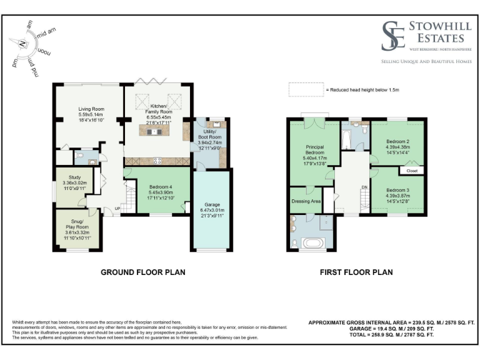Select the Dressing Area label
306,201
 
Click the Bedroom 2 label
397,142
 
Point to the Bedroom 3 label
396,190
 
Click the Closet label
412,171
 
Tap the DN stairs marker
364,187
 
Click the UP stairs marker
117,208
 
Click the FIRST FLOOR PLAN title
356,272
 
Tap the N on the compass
22,44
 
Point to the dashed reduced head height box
305,90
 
